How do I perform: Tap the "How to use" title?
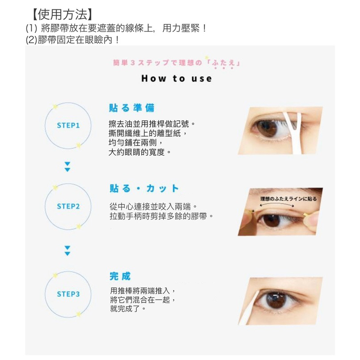176,78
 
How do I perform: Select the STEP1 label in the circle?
68,126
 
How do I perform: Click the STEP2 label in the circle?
68,207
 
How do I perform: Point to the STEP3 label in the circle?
68,294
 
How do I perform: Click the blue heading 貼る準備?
131,108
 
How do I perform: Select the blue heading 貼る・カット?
144,189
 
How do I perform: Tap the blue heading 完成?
120,276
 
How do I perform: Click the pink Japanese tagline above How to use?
177,63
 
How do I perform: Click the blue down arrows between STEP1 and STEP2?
67,167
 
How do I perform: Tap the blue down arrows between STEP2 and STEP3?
67,251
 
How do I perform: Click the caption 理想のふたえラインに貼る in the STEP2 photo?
288,198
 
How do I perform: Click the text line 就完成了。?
128,309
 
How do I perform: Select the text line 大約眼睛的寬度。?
140,152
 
